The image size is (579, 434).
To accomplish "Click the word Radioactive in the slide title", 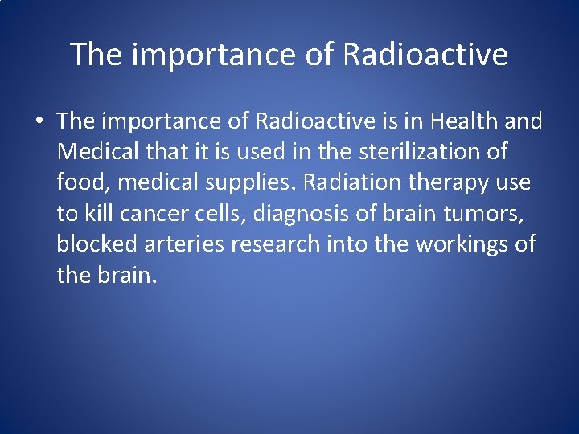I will tap(425, 55).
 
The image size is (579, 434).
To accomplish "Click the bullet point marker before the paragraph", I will tap(38, 122).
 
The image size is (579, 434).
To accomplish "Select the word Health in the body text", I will tap(468, 121).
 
